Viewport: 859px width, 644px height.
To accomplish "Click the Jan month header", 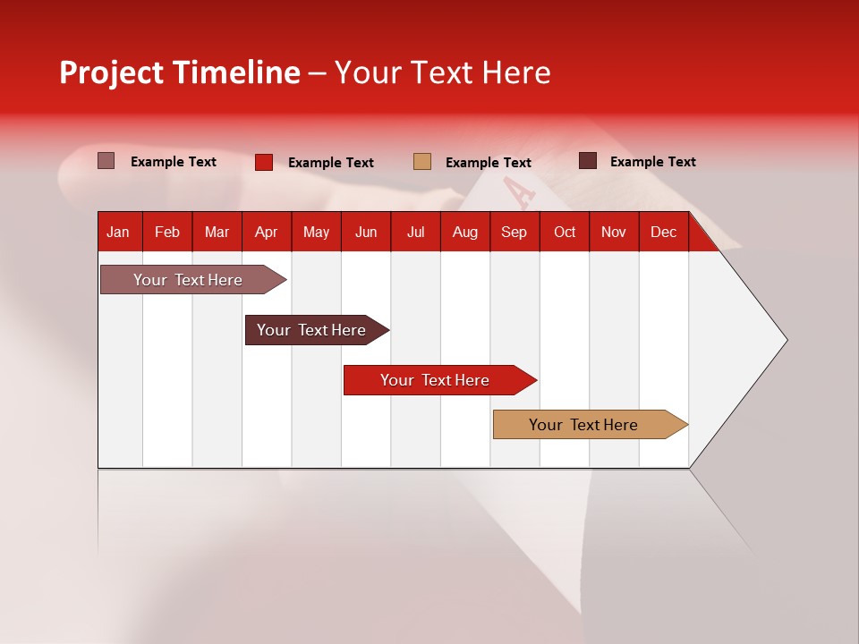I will pyautogui.click(x=118, y=232).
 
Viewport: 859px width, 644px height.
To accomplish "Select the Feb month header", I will pyautogui.click(x=167, y=232).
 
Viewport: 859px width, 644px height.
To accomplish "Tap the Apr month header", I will pyautogui.click(x=266, y=232).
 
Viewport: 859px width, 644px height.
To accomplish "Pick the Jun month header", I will pyautogui.click(x=366, y=232).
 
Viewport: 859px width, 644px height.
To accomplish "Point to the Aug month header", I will pyautogui.click(x=464, y=232).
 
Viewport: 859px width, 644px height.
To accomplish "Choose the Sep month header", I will pyautogui.click(x=514, y=232).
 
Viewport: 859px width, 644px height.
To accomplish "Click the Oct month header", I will pyautogui.click(x=565, y=232).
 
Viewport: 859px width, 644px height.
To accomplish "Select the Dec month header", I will pyautogui.click(x=663, y=232).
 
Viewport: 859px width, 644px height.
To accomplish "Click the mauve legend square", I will pyautogui.click(x=106, y=161).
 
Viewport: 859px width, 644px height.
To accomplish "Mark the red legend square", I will pyautogui.click(x=264, y=162).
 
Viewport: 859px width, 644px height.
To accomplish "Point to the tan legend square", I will pyautogui.click(x=422, y=162).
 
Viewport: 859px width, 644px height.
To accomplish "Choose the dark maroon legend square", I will pyautogui.click(x=588, y=161).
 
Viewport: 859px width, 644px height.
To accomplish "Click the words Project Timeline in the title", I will pyautogui.click(x=180, y=72).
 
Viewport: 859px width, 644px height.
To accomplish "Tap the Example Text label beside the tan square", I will pyautogui.click(x=488, y=162).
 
